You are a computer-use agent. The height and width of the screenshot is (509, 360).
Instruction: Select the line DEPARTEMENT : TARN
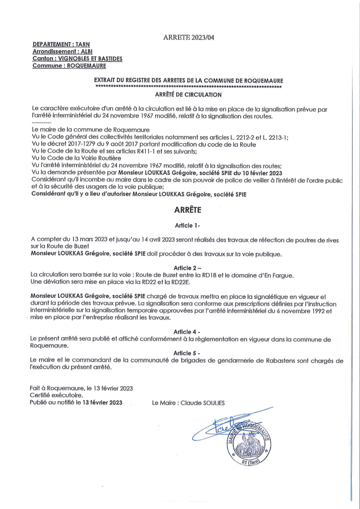(x=58, y=45)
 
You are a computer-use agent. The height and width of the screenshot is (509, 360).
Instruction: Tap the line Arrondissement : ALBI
(x=62, y=52)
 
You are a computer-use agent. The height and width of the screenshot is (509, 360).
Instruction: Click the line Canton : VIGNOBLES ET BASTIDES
(x=77, y=59)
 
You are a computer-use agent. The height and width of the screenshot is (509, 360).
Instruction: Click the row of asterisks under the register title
(x=188, y=86)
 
